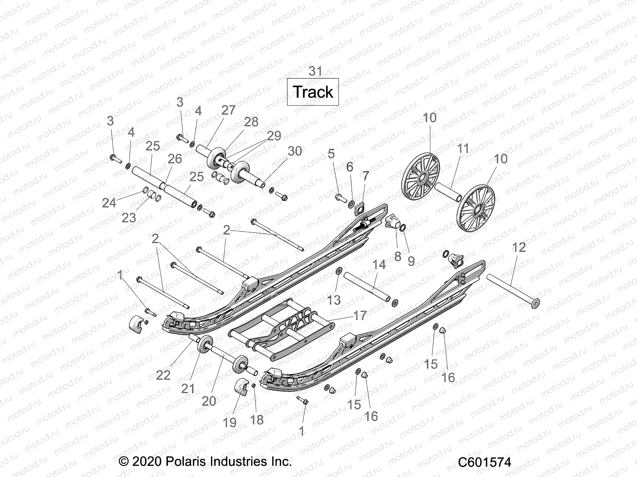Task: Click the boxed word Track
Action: (x=313, y=92)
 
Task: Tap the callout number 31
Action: (x=315, y=72)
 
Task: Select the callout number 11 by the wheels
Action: (x=463, y=149)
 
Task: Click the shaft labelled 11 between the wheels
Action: (x=448, y=192)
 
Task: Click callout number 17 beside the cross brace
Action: (x=360, y=316)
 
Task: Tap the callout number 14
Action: (x=379, y=265)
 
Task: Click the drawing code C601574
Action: (x=485, y=462)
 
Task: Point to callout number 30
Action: (x=295, y=151)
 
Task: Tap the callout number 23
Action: (x=129, y=218)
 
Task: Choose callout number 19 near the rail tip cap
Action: (x=230, y=422)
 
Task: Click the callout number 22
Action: (x=163, y=375)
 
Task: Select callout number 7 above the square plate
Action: (x=365, y=176)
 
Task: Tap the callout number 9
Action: (x=411, y=261)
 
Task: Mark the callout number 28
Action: (x=251, y=122)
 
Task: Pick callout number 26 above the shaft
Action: (x=175, y=159)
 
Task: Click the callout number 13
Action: (x=334, y=300)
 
